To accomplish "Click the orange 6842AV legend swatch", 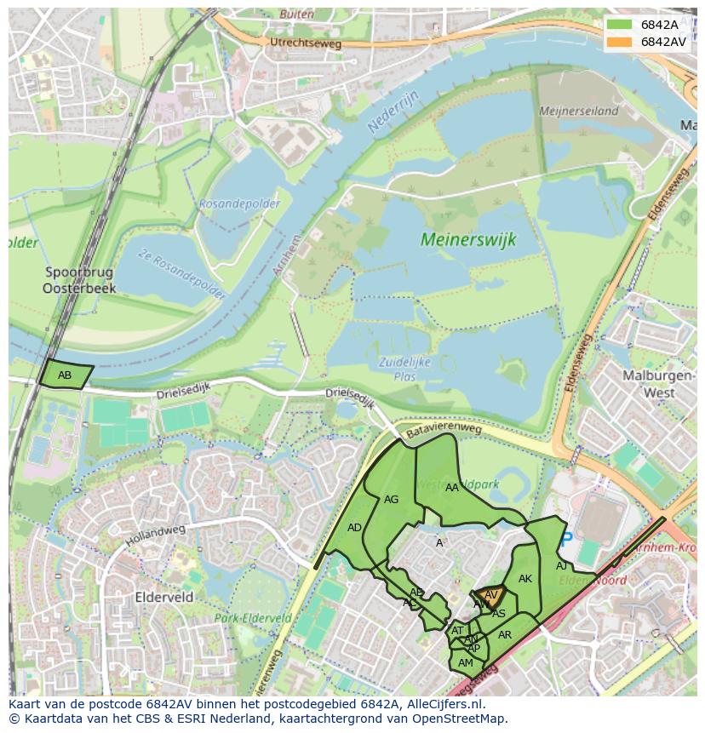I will coord(619,42).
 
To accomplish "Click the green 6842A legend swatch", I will coord(619,25).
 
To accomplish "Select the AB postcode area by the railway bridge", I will coord(66,375).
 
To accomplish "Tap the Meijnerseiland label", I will coord(577,111).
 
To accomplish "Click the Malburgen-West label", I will coord(648,385).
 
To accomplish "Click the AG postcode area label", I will coord(392,500).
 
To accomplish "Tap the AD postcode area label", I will coord(354,528).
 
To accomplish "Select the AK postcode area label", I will coord(525,579).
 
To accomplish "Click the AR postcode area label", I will coord(505,635).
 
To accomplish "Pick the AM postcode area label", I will coord(465,662).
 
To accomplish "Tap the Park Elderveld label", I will coord(253,618).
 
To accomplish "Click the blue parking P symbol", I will coord(567,539).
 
